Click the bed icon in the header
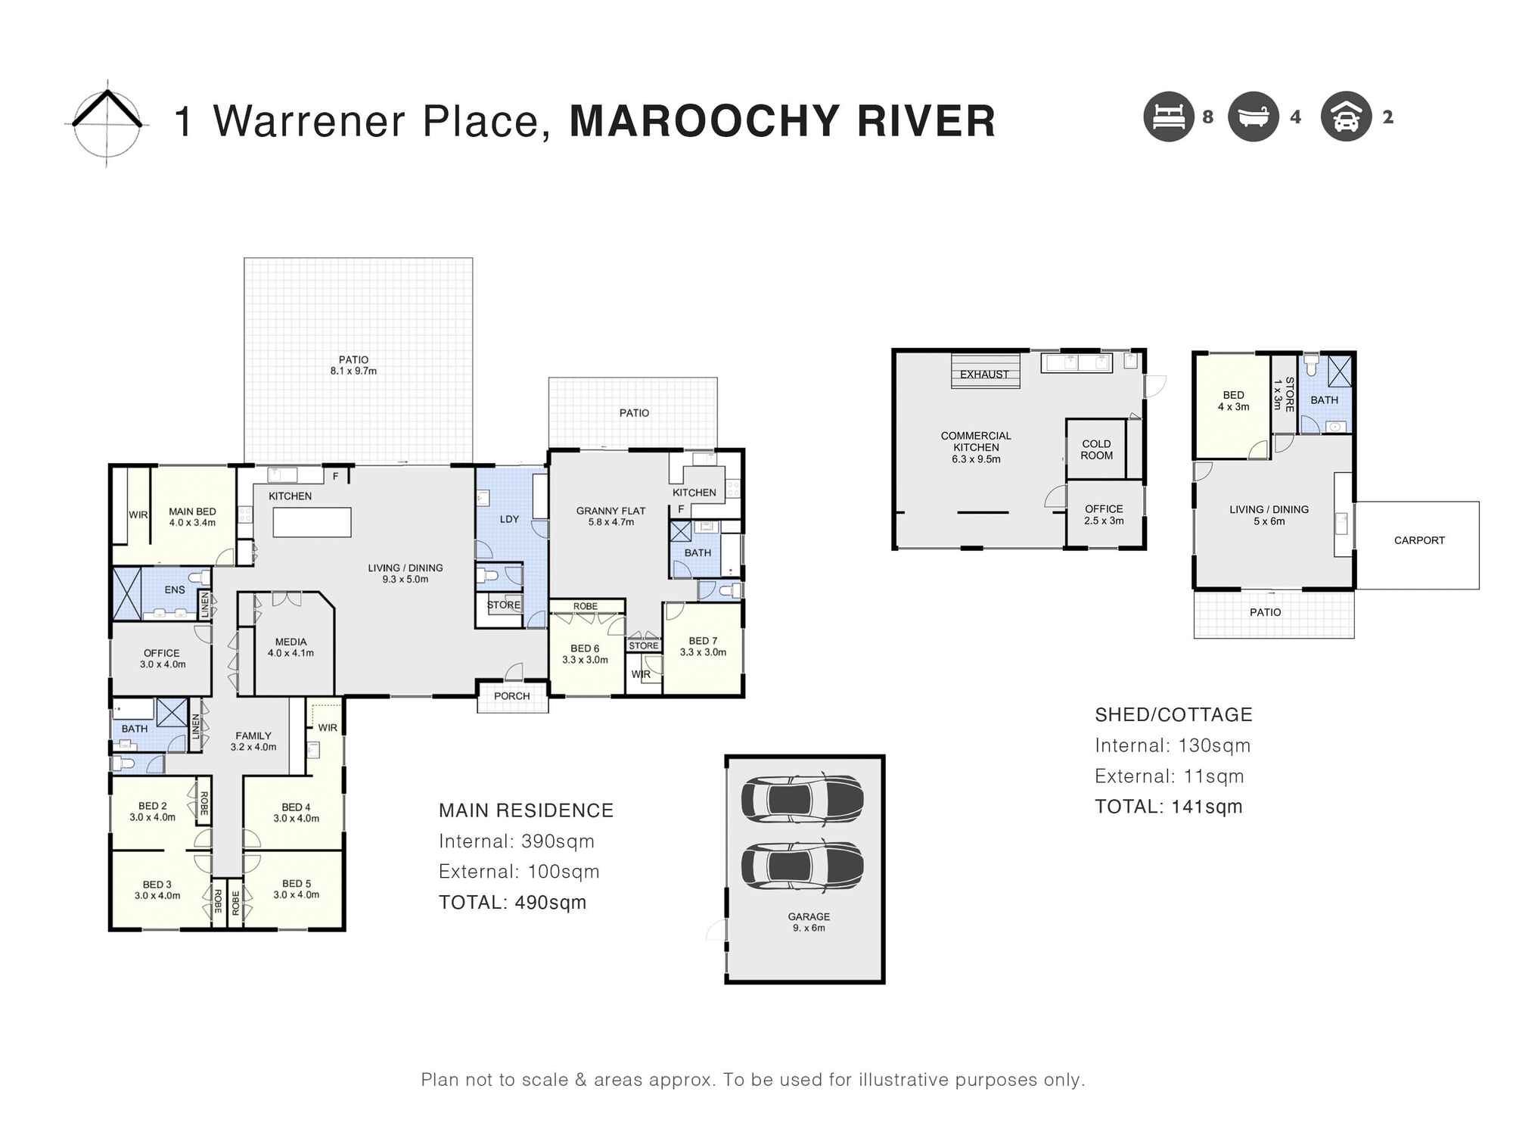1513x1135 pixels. point(1168,117)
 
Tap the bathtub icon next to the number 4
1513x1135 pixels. point(1253,117)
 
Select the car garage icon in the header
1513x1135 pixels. point(1346,117)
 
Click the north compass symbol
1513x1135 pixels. point(107,122)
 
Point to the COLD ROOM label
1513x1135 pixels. point(1096,449)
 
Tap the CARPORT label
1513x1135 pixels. point(1419,540)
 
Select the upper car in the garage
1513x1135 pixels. point(802,799)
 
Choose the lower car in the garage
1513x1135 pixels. point(802,864)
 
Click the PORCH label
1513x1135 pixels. point(511,696)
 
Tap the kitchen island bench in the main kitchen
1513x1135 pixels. point(312,522)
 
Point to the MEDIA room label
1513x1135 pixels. point(290,642)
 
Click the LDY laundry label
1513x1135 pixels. point(509,519)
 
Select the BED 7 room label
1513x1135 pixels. point(703,641)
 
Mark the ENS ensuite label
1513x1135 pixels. point(175,589)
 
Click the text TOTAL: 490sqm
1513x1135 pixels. point(512,902)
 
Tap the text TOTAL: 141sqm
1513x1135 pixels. point(1168,807)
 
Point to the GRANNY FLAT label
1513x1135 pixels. point(610,511)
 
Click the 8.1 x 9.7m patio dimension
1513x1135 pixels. point(353,372)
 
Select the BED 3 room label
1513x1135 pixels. point(157,884)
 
